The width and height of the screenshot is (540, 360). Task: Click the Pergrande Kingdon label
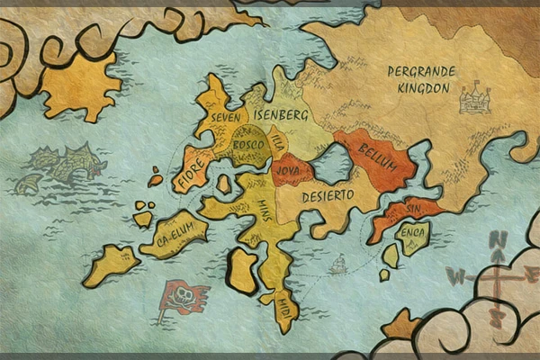(422, 79)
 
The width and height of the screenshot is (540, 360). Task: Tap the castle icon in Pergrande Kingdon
(473, 97)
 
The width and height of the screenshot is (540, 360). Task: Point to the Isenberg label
(282, 115)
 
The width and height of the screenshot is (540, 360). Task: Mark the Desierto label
(328, 196)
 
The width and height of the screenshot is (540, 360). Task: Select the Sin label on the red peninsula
(413, 209)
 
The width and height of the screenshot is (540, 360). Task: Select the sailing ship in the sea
(337, 265)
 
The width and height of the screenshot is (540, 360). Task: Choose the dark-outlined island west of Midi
(241, 270)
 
